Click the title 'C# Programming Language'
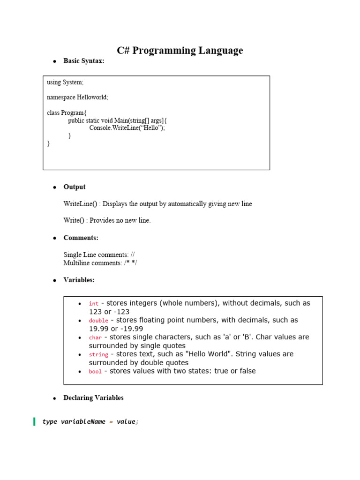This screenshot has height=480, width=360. (x=180, y=51)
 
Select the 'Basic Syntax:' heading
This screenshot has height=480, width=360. (x=84, y=61)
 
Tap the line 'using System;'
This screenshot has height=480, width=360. (x=65, y=82)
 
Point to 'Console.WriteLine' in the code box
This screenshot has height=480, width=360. (x=113, y=128)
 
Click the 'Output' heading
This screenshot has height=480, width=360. (x=75, y=187)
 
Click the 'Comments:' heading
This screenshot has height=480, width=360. (x=81, y=238)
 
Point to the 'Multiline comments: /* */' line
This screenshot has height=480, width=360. (x=100, y=263)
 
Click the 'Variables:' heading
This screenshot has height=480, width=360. (x=79, y=280)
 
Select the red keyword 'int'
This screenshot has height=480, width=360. (x=94, y=304)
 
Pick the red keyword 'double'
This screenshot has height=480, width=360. (x=98, y=321)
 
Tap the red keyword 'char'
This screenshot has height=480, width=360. (x=95, y=337)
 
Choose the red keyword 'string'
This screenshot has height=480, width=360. (x=98, y=354)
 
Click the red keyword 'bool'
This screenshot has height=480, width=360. (x=95, y=371)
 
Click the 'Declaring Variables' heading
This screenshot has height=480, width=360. (x=93, y=398)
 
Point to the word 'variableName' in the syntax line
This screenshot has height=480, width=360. (x=83, y=422)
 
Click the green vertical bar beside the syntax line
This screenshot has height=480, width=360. (x=34, y=421)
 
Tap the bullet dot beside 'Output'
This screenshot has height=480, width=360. (x=54, y=187)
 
